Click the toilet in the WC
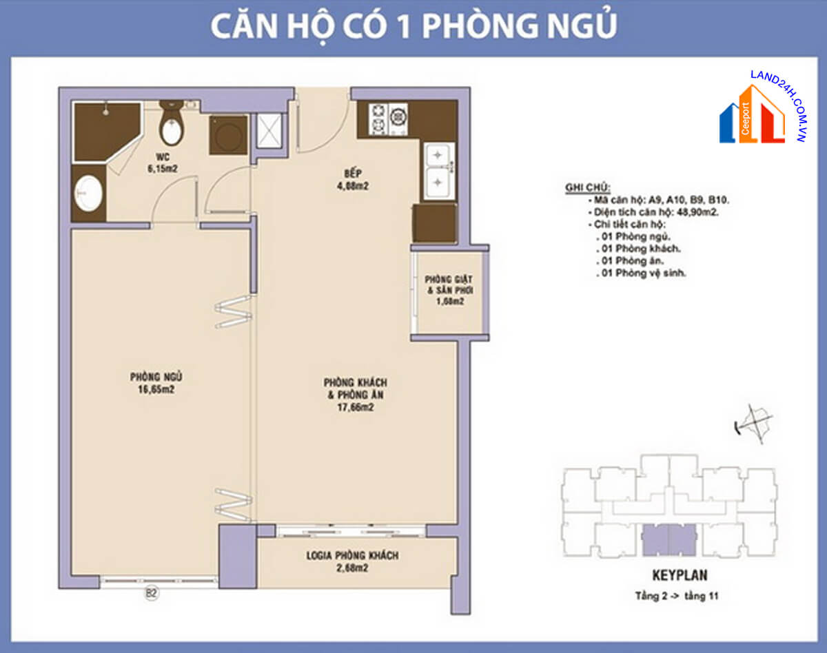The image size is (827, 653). [x=171, y=125]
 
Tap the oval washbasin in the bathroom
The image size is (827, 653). [x=88, y=194]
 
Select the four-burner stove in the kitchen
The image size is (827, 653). [x=389, y=118]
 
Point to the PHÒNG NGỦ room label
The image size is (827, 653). [x=155, y=377]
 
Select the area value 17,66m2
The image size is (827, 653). [x=355, y=407]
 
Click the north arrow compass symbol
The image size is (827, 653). [x=753, y=421]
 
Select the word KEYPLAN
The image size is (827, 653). [x=680, y=574]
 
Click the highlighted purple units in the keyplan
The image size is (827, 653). [x=668, y=539]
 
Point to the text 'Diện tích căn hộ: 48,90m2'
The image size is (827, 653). [x=657, y=213]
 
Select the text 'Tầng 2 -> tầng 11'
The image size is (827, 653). [x=679, y=596]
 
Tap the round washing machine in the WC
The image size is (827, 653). [x=228, y=135]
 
